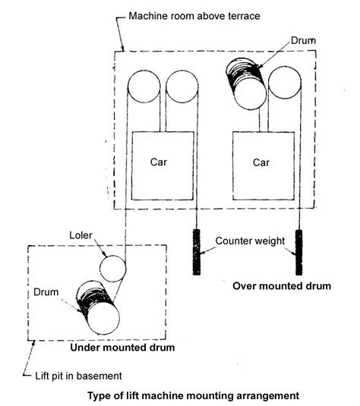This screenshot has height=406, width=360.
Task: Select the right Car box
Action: click(261, 165)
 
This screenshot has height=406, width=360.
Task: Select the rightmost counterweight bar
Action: click(299, 253)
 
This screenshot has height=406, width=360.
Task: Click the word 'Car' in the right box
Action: click(261, 162)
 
